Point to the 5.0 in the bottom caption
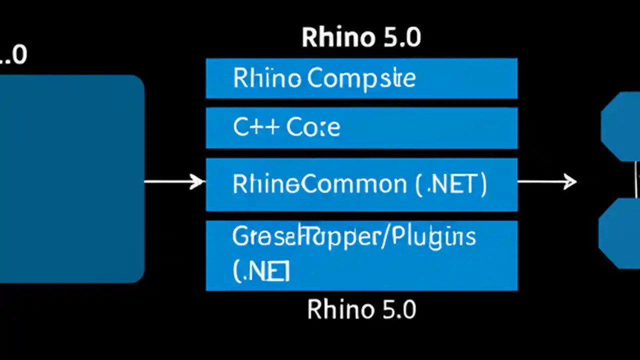click(x=397, y=309)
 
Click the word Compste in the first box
click(x=361, y=79)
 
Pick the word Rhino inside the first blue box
click(x=267, y=79)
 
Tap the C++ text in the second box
click(x=255, y=128)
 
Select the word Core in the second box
click(x=313, y=128)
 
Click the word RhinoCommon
click(x=320, y=184)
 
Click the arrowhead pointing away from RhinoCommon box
click(x=570, y=181)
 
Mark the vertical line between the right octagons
click(x=636, y=179)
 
